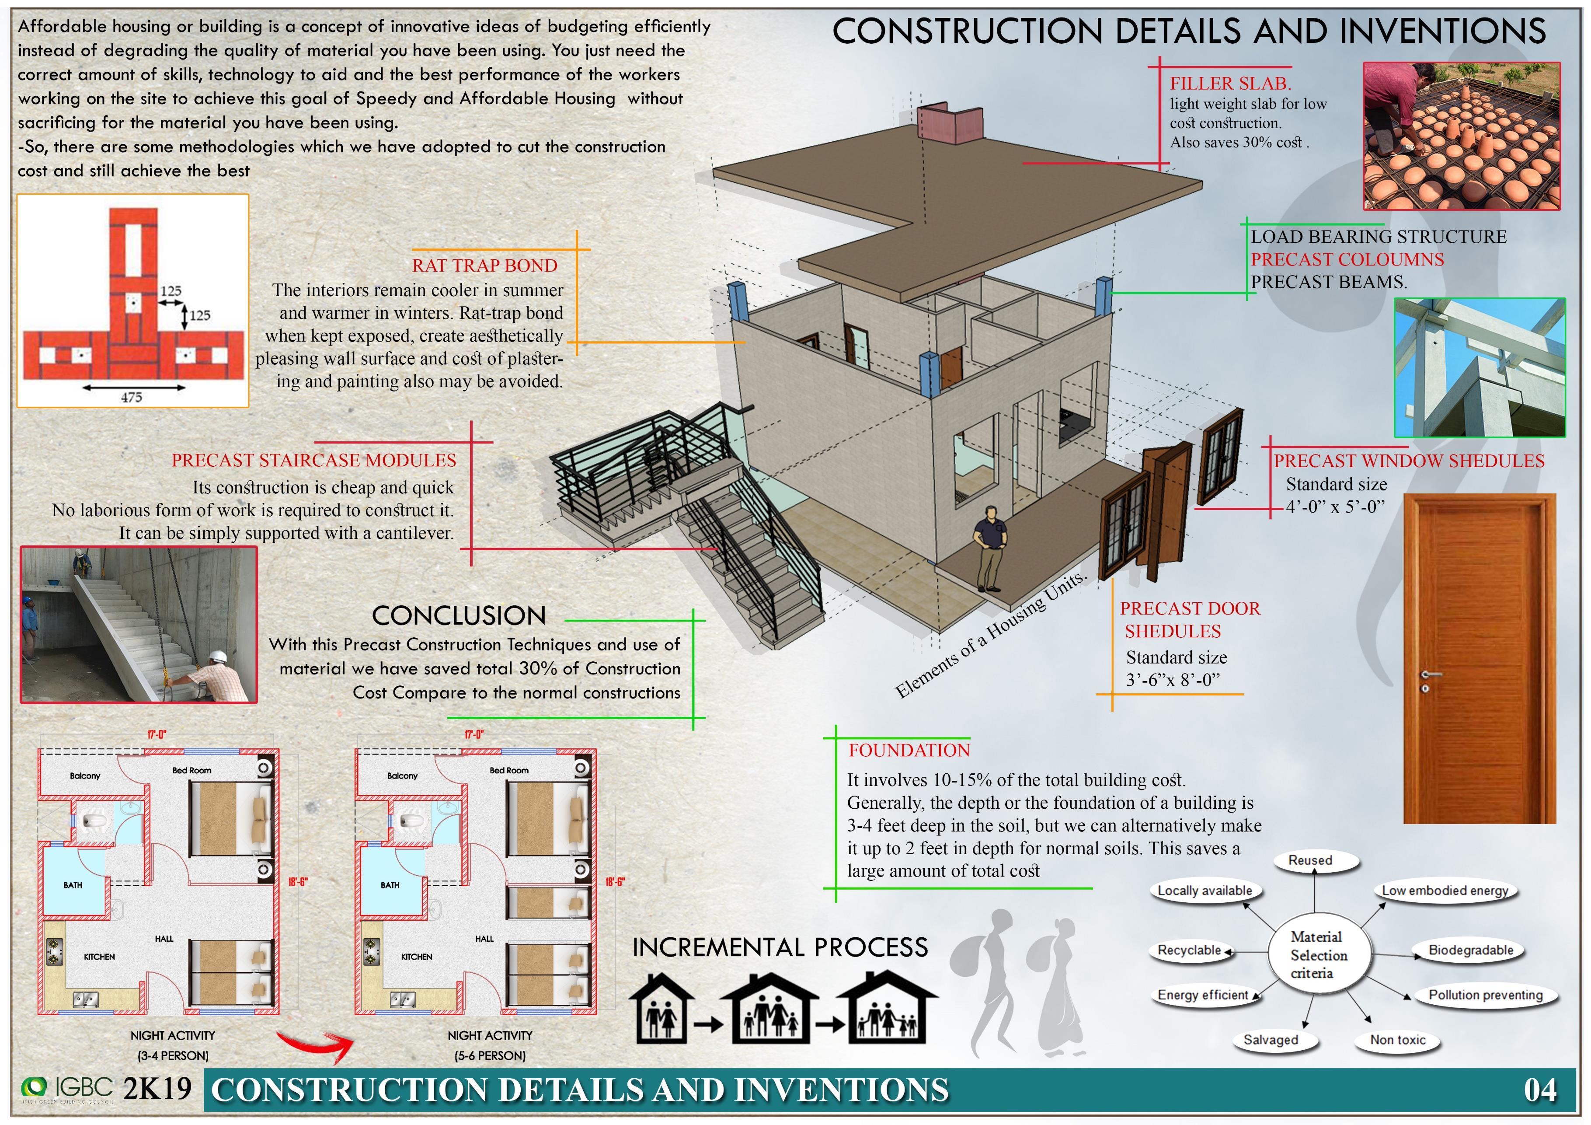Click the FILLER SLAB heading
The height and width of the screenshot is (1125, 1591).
[x=1230, y=84]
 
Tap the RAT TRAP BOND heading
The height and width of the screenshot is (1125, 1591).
[x=484, y=266]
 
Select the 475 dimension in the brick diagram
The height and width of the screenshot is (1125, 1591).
[x=131, y=397]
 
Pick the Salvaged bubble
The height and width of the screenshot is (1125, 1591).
[x=1270, y=1040]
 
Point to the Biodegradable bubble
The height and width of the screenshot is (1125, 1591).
[x=1470, y=950]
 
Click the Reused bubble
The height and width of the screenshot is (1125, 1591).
[x=1310, y=860]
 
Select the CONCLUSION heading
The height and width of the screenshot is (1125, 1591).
[x=459, y=615]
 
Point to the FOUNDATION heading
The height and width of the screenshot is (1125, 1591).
[x=909, y=750]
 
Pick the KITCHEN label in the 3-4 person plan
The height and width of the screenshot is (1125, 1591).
[x=99, y=957]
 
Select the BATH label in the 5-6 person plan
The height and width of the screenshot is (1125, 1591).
[x=390, y=885]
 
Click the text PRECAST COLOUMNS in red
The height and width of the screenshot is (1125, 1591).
[x=1347, y=259]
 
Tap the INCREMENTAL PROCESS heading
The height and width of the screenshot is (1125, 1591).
[x=780, y=947]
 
